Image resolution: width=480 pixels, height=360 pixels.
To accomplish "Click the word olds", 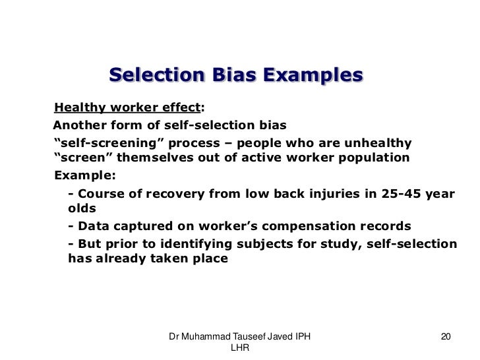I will (x=82, y=208).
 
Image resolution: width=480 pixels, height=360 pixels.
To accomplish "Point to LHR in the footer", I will (x=239, y=348).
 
